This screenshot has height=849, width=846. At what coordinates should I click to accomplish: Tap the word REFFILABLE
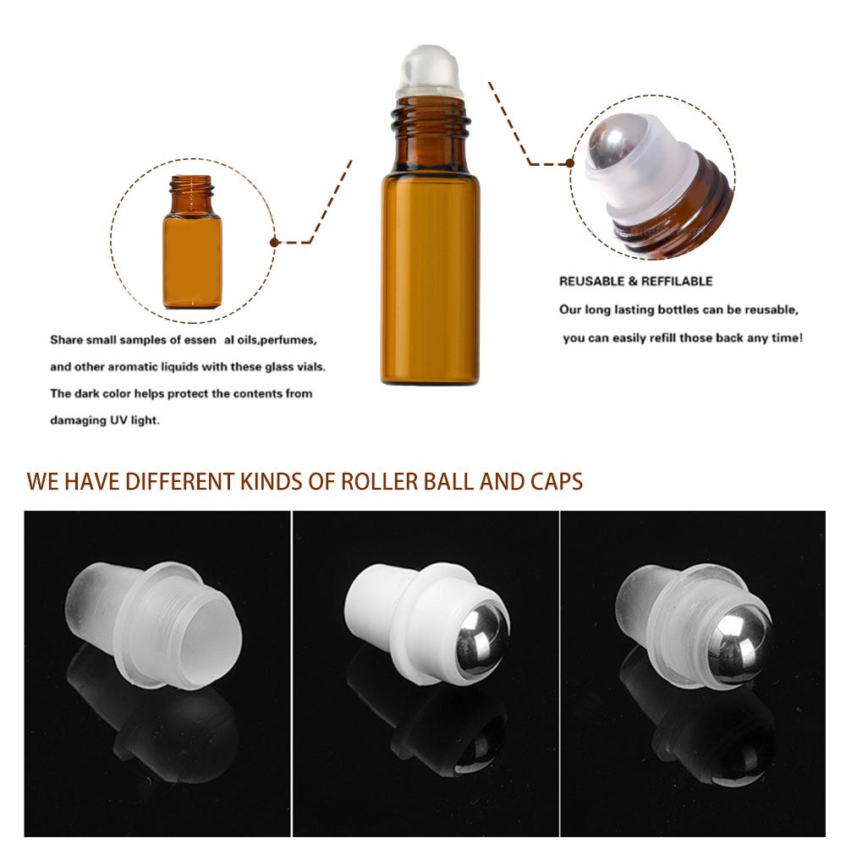coord(677,281)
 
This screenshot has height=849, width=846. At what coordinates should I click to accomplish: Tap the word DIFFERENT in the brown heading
coord(179,481)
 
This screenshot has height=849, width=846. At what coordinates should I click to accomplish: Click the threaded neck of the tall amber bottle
coord(430,120)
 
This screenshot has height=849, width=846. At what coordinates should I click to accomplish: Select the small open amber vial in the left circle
coord(192,242)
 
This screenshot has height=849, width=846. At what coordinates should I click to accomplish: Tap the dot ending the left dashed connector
coord(274,242)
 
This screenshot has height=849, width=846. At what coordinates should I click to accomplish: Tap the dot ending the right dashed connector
coord(569,162)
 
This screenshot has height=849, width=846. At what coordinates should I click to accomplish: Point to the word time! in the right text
coord(788,338)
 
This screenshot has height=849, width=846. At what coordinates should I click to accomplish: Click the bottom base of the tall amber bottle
coord(430,380)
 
